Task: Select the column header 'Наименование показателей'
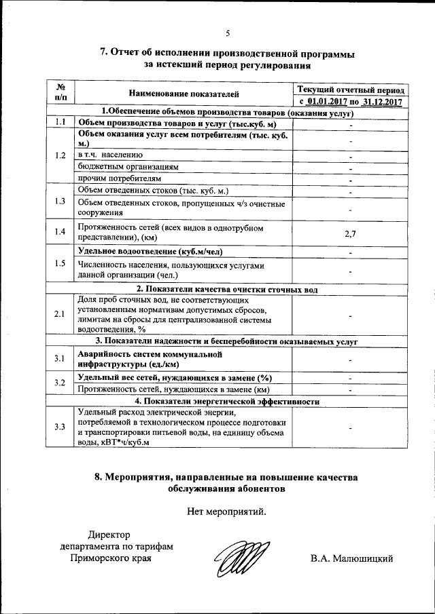click(183, 95)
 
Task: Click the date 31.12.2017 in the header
click(383, 102)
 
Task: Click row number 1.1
click(60, 123)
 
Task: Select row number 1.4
click(60, 233)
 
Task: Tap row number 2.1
click(60, 313)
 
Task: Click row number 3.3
click(60, 426)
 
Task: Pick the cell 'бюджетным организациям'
click(128, 167)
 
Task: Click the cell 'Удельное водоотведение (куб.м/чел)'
click(154, 252)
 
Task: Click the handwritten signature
click(239, 559)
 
